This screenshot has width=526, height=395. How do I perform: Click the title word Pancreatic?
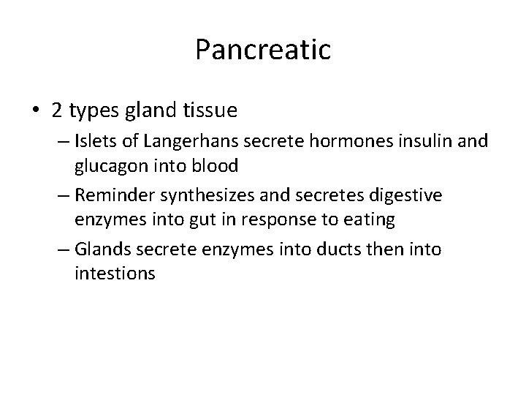[263, 50]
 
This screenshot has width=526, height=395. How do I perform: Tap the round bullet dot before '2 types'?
[35, 111]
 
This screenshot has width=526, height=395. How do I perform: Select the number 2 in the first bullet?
[57, 110]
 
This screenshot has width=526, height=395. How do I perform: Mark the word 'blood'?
[216, 166]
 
